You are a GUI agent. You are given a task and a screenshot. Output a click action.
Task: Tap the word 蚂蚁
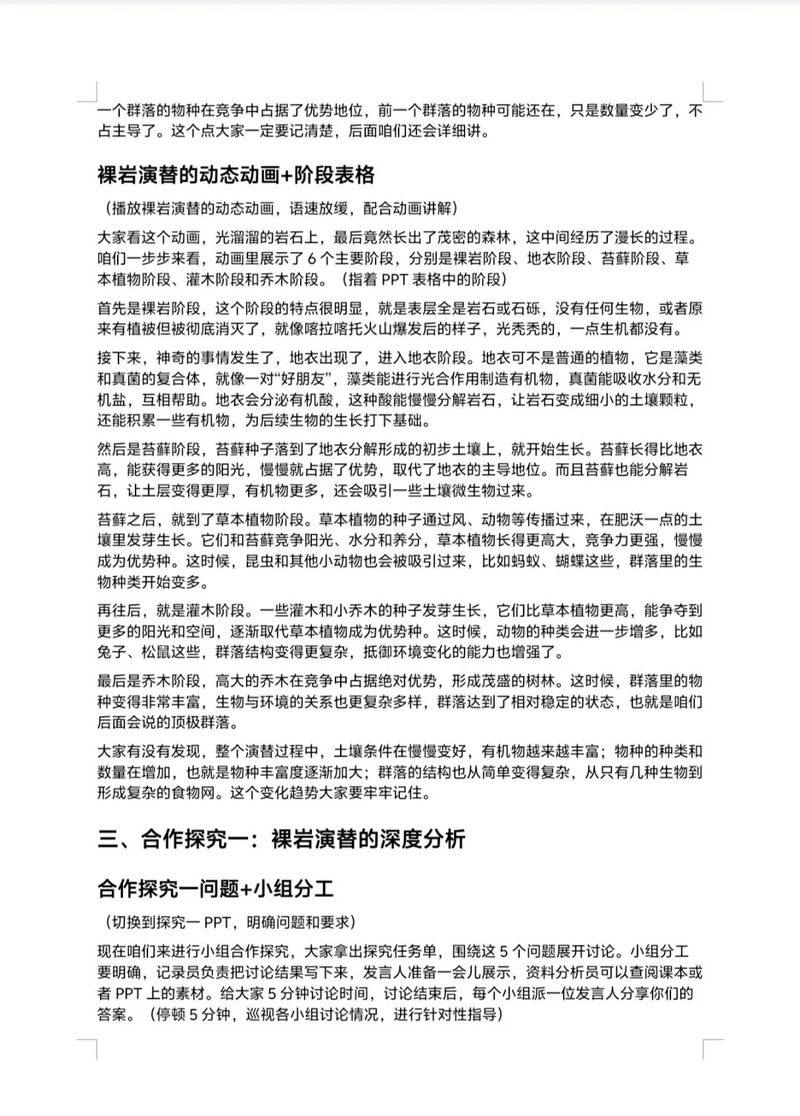pos(525,561)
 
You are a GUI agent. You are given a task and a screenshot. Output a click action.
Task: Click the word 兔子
pos(112,653)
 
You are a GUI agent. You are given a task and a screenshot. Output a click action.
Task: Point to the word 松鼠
pos(156,653)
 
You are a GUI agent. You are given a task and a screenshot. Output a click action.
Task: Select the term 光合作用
pos(429,379)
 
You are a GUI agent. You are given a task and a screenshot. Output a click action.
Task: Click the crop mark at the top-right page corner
pos(712,91)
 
